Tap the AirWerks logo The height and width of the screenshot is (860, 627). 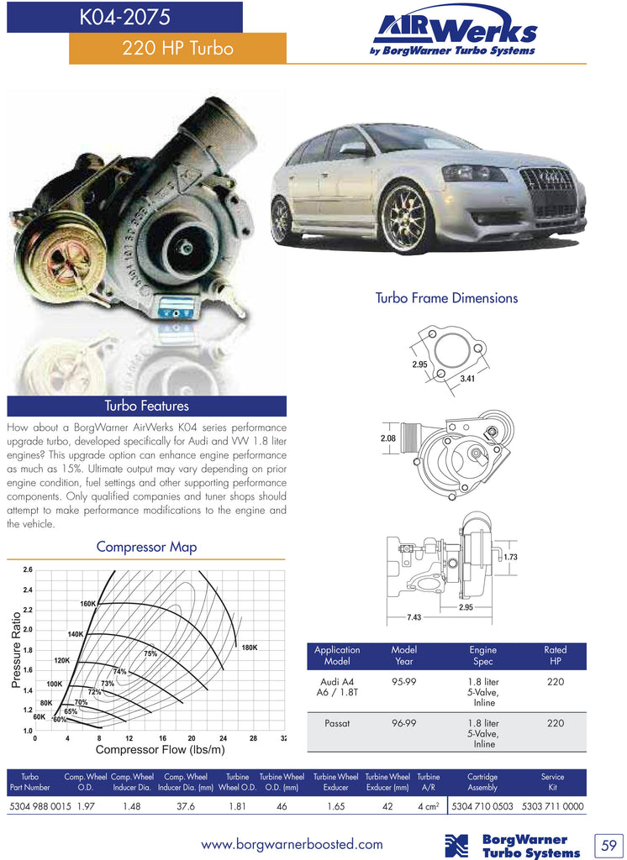click(x=453, y=35)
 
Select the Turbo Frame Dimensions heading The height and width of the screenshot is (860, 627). click(x=446, y=298)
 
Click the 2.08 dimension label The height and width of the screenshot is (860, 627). click(x=387, y=438)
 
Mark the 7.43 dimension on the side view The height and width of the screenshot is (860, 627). click(x=414, y=617)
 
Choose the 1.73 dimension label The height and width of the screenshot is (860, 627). click(x=510, y=557)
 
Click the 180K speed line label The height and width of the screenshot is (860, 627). click(x=249, y=648)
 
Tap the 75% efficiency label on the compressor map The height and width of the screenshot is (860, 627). click(x=150, y=653)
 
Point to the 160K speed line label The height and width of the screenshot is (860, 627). click(x=88, y=604)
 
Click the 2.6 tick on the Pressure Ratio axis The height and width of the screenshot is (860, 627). click(x=28, y=570)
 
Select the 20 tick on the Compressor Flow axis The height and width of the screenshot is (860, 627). click(x=192, y=738)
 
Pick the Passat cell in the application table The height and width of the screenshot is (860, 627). click(x=337, y=722)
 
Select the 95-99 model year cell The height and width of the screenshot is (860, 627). click(x=404, y=682)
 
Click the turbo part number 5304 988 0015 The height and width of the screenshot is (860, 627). click(x=40, y=806)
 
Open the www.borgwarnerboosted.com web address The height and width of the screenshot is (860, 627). click(x=292, y=844)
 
